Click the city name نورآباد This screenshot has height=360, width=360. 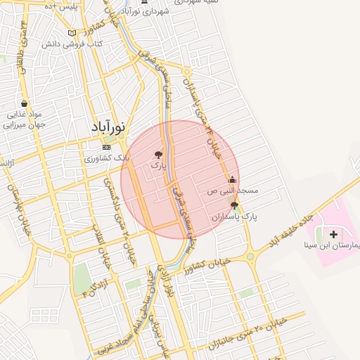coord(108,128)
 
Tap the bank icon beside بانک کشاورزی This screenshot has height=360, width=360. coord(106,148)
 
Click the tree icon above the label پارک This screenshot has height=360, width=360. coord(159,154)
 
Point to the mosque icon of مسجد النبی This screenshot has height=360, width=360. coord(233,179)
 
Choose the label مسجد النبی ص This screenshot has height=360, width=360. coord(233,191)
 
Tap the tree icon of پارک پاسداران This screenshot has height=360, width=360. coord(234,205)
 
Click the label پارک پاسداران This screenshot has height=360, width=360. coord(234,217)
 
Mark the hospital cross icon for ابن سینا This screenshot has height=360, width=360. coord(333,233)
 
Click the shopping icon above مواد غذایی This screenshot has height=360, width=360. coord(24,103)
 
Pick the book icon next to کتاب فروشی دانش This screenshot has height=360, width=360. coord(72,33)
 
